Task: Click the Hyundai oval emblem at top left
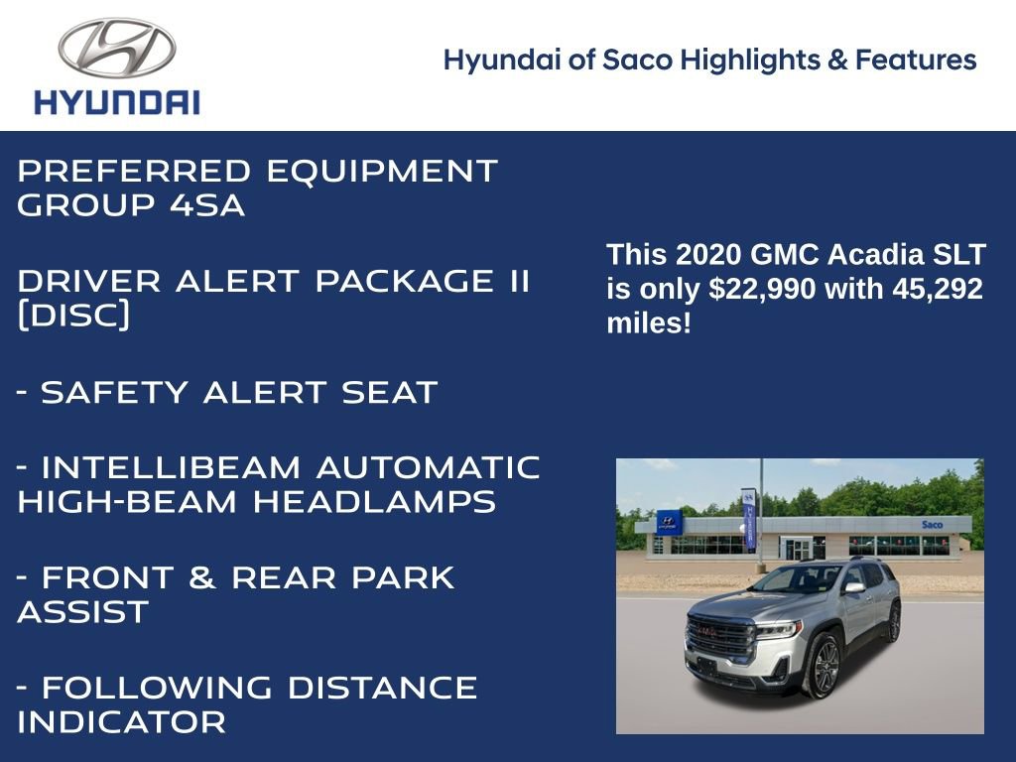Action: pyautogui.click(x=116, y=49)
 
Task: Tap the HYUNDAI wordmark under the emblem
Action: pyautogui.click(x=117, y=102)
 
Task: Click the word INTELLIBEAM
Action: pyautogui.click(x=170, y=467)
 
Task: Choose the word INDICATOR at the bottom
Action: pyautogui.click(x=121, y=722)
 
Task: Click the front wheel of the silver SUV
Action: pyautogui.click(x=825, y=667)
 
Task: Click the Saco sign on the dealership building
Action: pyautogui.click(x=932, y=524)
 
